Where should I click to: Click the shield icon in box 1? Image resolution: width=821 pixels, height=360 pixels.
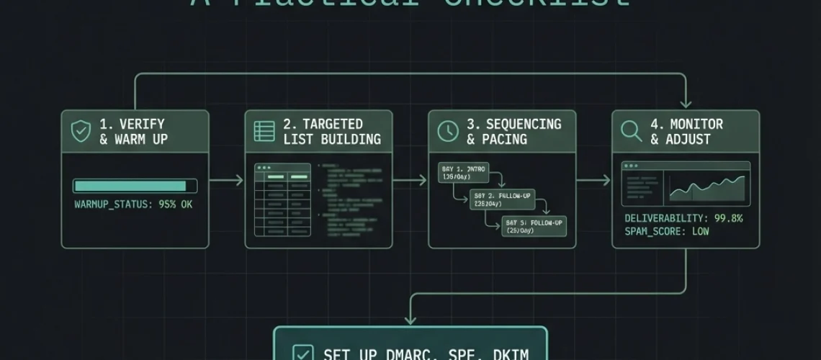81,131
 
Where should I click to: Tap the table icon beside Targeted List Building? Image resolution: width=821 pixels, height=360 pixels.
264,131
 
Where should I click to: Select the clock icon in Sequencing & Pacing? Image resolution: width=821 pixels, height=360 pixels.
448,131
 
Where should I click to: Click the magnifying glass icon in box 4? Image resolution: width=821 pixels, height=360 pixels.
632,131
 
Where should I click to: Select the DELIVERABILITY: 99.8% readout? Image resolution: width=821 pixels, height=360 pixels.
683,218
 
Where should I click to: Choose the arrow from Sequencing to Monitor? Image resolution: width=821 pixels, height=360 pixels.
594,180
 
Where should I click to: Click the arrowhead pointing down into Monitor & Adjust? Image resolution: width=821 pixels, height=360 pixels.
686,103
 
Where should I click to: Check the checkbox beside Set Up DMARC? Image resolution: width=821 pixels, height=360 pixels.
302,354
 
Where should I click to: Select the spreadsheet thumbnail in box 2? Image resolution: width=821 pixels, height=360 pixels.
282,200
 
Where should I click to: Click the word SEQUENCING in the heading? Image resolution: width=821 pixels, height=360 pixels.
524,124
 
